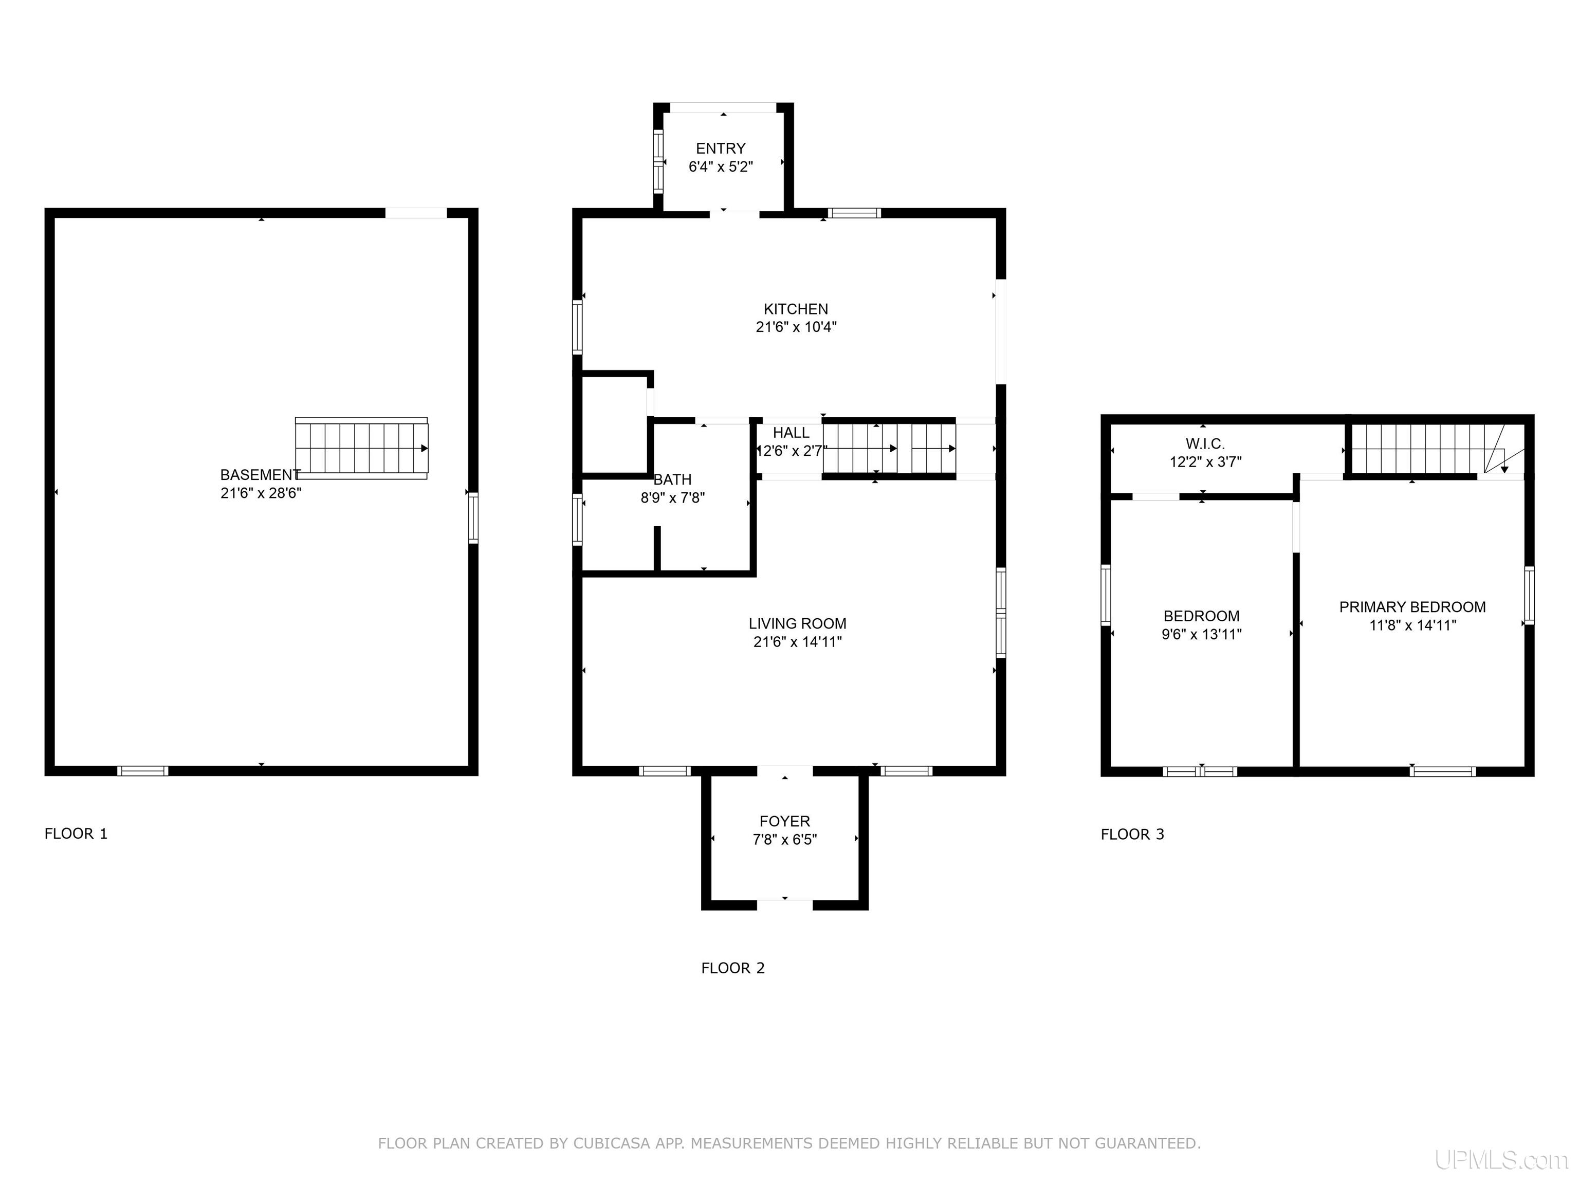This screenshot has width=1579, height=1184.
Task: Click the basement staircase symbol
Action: pyautogui.click(x=361, y=448)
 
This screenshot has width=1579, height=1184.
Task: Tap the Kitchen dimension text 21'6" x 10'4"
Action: pyautogui.click(x=796, y=327)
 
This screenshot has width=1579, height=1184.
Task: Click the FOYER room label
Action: pyautogui.click(x=784, y=821)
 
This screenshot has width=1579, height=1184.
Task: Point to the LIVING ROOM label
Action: pyautogui.click(x=797, y=624)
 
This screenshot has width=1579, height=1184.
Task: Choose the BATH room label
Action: pyautogui.click(x=672, y=479)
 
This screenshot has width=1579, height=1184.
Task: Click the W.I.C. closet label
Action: pyautogui.click(x=1205, y=444)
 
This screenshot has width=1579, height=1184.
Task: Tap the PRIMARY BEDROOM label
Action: pyautogui.click(x=1412, y=607)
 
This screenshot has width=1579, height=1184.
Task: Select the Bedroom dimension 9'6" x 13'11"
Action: pyautogui.click(x=1201, y=634)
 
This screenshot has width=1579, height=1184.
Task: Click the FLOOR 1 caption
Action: pyautogui.click(x=76, y=834)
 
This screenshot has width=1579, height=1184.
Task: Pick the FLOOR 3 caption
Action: pyautogui.click(x=1132, y=834)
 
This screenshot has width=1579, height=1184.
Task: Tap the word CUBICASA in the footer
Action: pyautogui.click(x=612, y=1143)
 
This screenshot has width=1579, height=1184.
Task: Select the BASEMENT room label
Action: pyautogui.click(x=260, y=475)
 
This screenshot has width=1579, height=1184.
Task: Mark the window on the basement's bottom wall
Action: pyautogui.click(x=143, y=771)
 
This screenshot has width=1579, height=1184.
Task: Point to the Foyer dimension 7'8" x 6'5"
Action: pyautogui.click(x=784, y=839)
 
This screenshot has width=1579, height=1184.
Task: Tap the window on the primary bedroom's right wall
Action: pyautogui.click(x=1529, y=595)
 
